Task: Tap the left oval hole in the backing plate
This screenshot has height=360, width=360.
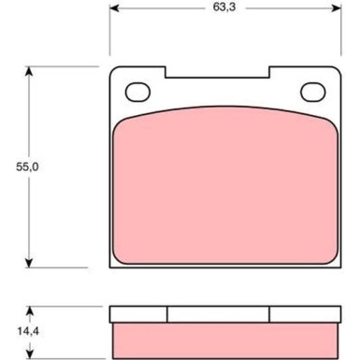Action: tap(137, 92)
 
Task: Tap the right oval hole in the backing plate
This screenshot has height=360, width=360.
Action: tap(311, 92)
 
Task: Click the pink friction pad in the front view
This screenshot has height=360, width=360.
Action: tap(224, 182)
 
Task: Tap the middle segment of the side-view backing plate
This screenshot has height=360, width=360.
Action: tap(219, 314)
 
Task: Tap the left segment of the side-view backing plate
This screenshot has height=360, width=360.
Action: tap(138, 314)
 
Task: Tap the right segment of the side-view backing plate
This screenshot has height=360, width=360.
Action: tap(304, 314)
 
